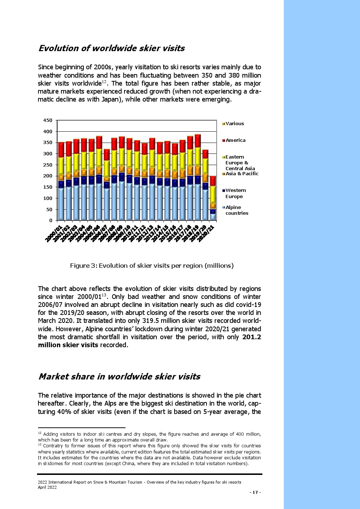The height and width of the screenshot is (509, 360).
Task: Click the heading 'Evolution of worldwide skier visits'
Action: click(111, 48)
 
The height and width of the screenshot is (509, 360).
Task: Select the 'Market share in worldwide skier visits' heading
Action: click(119, 376)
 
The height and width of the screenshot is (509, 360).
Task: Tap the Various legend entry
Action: click(234, 124)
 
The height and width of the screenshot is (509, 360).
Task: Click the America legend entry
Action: click(235, 140)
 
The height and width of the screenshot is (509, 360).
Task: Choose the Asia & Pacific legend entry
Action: click(242, 174)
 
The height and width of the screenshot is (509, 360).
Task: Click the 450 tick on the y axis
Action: click(48, 120)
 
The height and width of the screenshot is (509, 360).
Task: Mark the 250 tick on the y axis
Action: click(48, 165)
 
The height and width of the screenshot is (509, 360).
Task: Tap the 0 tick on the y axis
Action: click(50, 221)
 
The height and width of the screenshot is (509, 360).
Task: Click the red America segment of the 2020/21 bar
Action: click(213, 181)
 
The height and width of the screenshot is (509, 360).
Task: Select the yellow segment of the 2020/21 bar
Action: click(213, 194)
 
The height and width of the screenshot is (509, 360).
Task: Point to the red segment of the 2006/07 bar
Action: click(106, 155)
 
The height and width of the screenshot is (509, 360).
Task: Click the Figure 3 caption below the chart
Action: click(152, 266)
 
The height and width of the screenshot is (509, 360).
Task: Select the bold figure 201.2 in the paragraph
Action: click(251, 337)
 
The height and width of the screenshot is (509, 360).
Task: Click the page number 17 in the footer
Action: click(255, 492)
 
